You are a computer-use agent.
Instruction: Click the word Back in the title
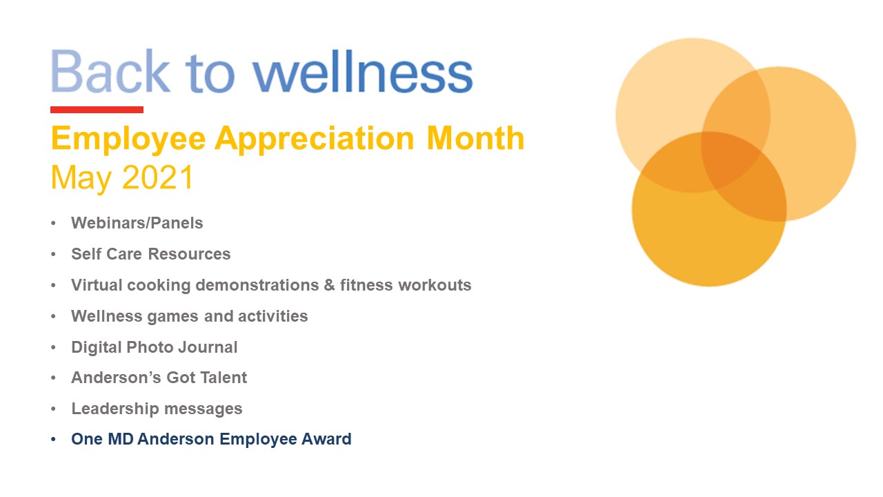coord(110,71)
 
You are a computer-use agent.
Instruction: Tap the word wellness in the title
coord(363,71)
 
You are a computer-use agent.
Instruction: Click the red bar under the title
coord(97,110)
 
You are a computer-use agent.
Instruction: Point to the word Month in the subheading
coord(475,138)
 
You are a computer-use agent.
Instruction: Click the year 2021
coord(158,177)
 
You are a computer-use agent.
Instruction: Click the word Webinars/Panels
coord(137,223)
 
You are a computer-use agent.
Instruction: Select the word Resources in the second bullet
coord(189,254)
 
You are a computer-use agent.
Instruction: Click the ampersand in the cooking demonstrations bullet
coord(329,285)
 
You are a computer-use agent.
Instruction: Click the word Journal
coord(208,347)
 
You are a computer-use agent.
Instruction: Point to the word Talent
coord(224,378)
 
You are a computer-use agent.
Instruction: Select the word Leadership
coord(115,409)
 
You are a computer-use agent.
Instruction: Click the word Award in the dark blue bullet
coord(326,439)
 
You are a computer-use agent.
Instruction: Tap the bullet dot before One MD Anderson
coord(53,440)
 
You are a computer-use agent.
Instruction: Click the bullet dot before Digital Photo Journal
coord(53,347)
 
